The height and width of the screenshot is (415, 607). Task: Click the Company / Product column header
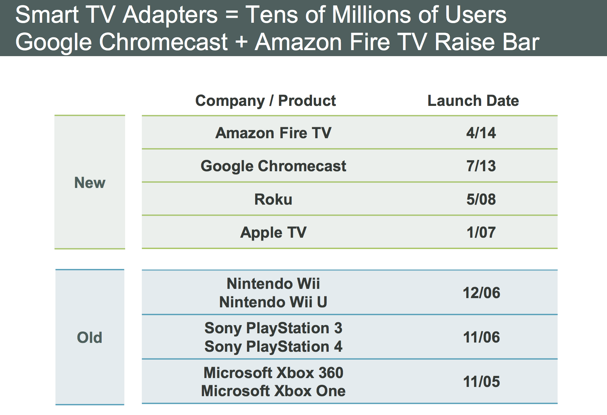(265, 101)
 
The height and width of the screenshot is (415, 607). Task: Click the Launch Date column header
(473, 101)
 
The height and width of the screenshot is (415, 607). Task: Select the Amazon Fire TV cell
(273, 133)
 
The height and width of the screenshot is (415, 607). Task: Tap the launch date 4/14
(481, 133)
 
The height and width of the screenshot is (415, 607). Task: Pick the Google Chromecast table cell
(273, 166)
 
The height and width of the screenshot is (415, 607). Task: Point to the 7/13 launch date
(481, 166)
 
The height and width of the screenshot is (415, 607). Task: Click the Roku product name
(273, 199)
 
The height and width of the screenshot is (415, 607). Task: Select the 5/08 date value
(481, 199)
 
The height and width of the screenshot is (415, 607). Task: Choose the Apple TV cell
(273, 233)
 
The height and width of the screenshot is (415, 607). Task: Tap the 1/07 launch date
(481, 233)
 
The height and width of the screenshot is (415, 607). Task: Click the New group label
(90, 183)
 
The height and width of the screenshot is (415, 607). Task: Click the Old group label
(90, 337)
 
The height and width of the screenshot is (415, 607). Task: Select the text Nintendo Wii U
(273, 302)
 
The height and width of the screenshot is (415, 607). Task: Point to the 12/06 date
(481, 293)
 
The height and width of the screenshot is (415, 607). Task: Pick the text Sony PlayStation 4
(273, 346)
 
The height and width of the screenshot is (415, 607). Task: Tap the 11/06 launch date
(481, 337)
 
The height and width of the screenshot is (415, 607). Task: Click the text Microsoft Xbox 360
(273, 373)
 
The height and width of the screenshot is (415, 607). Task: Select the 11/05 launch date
(481, 382)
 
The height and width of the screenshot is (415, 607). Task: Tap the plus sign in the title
(241, 42)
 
